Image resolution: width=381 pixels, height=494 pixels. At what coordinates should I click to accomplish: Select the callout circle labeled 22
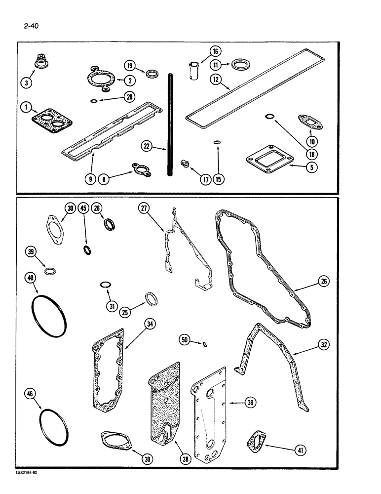pos(147,146)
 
